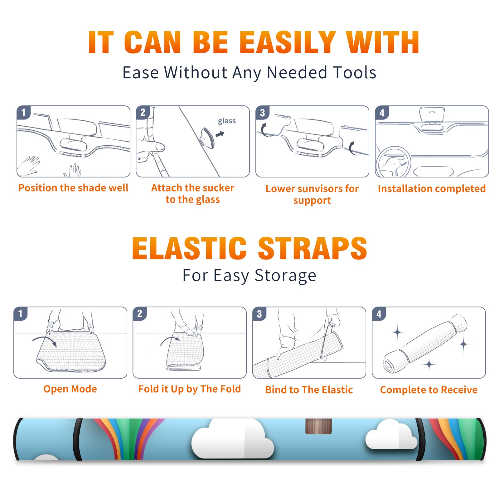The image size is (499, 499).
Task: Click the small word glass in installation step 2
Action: (x=227, y=121)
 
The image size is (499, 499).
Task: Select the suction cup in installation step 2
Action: (x=207, y=138)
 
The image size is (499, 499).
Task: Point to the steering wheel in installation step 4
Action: (x=394, y=162)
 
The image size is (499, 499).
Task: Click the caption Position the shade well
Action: (x=73, y=188)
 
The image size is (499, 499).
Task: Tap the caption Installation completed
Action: (x=432, y=189)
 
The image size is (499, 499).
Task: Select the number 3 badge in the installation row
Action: (x=262, y=113)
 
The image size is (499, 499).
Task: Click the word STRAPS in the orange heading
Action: (x=312, y=248)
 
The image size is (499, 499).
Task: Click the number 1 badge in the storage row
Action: (x=21, y=313)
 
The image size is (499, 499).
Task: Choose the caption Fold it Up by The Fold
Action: (x=190, y=389)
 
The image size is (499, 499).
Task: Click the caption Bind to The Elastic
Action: (x=309, y=390)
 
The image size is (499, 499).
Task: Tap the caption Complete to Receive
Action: (x=429, y=390)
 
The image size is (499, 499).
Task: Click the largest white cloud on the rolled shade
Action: (x=232, y=439)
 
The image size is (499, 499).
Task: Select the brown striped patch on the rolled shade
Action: (x=318, y=426)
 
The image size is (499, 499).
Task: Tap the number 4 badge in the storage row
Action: (x=379, y=314)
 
